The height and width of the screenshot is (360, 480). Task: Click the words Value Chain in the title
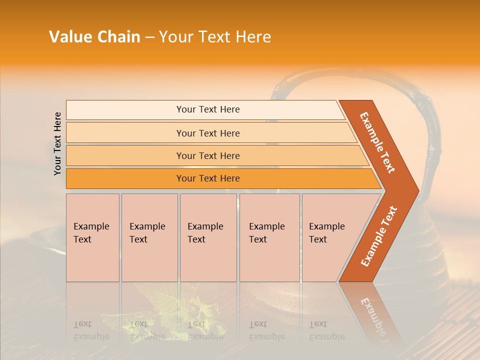pyautogui.click(x=94, y=37)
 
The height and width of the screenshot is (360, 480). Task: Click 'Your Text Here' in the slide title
pyautogui.click(x=215, y=37)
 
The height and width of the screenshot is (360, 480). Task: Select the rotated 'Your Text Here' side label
pyautogui.click(x=57, y=143)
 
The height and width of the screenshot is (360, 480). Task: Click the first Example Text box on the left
pyautogui.click(x=92, y=237)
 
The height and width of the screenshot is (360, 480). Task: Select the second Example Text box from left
pyautogui.click(x=149, y=237)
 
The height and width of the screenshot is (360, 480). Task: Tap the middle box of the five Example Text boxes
pyautogui.click(x=208, y=237)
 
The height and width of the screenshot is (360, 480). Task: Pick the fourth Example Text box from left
pyautogui.click(x=269, y=237)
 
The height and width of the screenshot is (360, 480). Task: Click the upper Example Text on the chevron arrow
pyautogui.click(x=377, y=142)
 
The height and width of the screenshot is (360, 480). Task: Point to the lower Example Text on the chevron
pyautogui.click(x=379, y=236)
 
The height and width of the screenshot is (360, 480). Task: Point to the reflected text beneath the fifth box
pyautogui.click(x=326, y=330)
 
